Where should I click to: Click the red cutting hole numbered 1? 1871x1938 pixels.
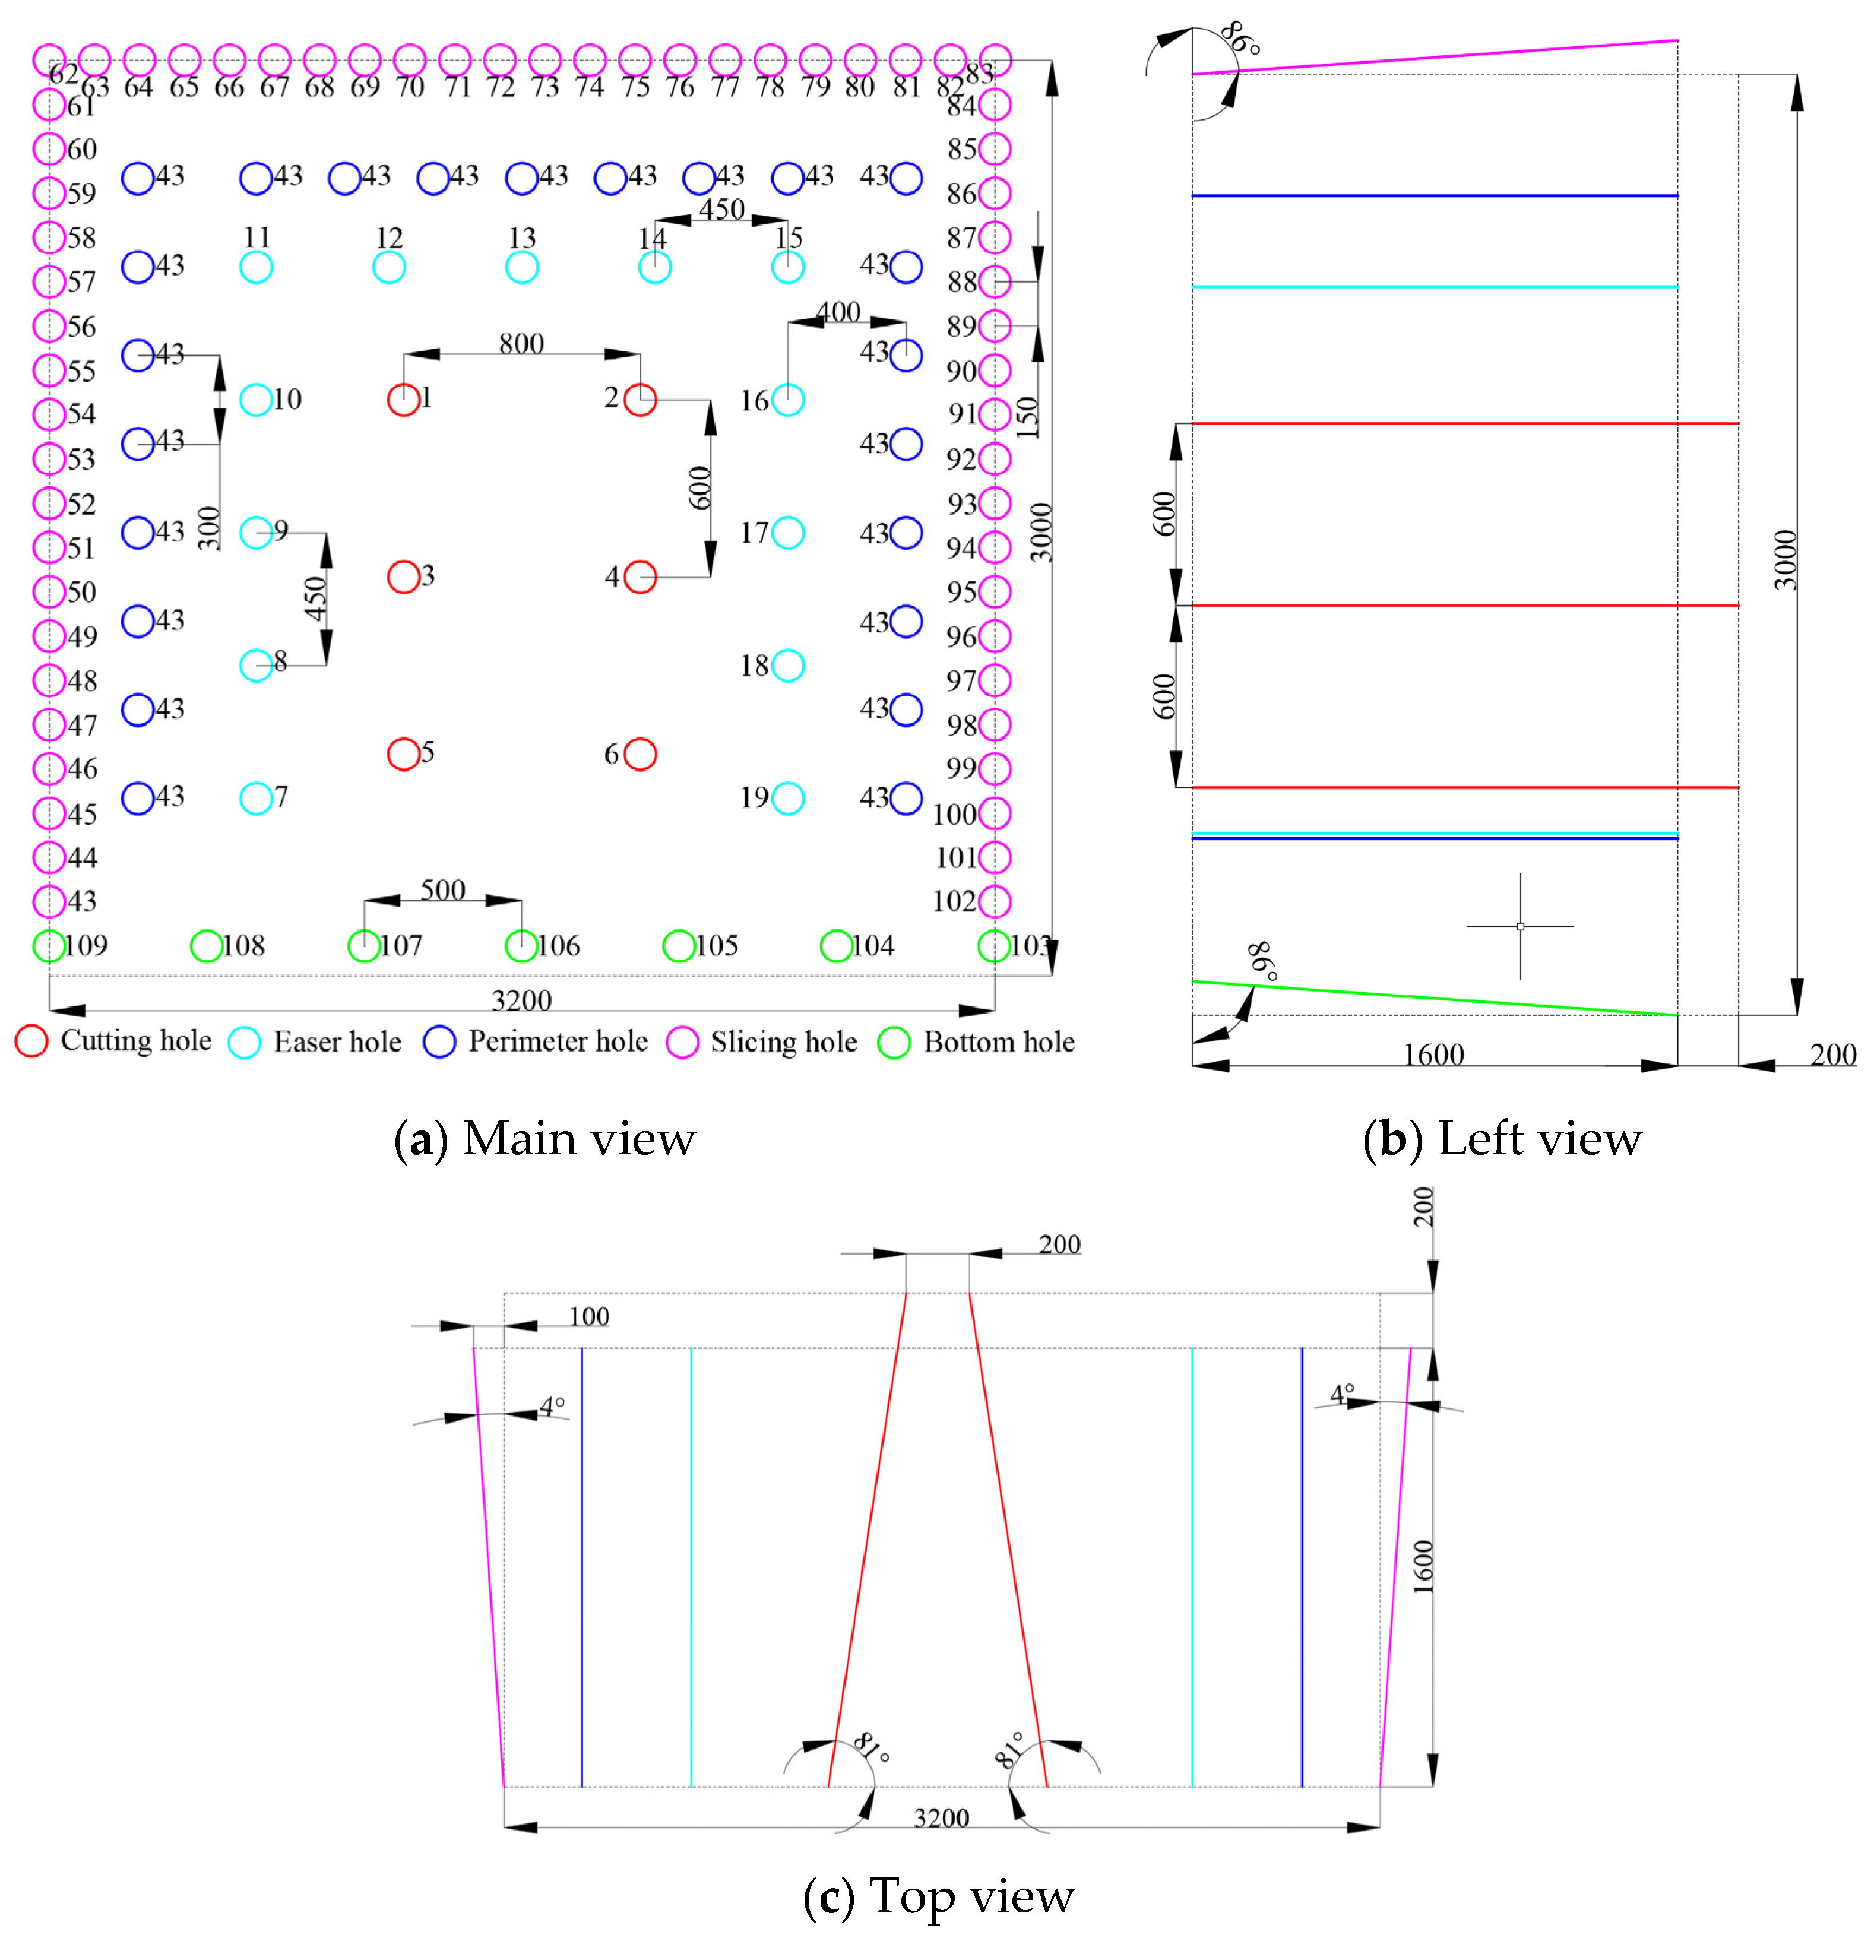pyautogui.click(x=403, y=400)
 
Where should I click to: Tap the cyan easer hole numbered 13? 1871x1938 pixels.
pyautogui.click(x=521, y=267)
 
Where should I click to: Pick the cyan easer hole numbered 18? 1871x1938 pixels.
pyautogui.click(x=787, y=666)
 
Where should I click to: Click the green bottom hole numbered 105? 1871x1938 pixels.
pyautogui.click(x=678, y=946)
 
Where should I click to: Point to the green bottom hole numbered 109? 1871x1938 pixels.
pyautogui.click(x=49, y=946)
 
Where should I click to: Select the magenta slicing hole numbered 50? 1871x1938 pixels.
pyautogui.click(x=49, y=591)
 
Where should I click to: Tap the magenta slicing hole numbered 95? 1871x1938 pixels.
pyautogui.click(x=995, y=591)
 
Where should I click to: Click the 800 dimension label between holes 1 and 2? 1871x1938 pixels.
pyautogui.click(x=521, y=343)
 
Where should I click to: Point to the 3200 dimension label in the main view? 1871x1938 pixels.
pyautogui.click(x=521, y=1000)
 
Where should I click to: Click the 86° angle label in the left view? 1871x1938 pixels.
pyautogui.click(x=1240, y=40)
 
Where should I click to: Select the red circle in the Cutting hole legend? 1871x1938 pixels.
pyautogui.click(x=31, y=1041)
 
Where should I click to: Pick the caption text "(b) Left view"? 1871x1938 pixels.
pyautogui.click(x=1501, y=1138)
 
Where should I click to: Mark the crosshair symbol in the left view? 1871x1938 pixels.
pyautogui.click(x=1520, y=926)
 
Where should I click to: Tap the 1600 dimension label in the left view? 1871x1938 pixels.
pyautogui.click(x=1433, y=1054)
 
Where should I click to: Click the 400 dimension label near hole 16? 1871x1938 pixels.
pyautogui.click(x=838, y=312)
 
